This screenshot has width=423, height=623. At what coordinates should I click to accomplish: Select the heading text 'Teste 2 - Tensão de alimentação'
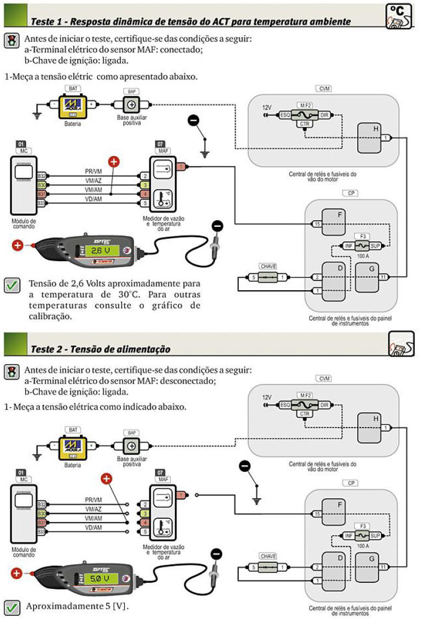(100, 349)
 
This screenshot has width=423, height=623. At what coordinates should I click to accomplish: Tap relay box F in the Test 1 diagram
(334, 222)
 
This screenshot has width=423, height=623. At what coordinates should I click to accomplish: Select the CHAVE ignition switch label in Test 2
(268, 556)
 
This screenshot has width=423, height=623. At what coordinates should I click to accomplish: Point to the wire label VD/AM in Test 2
(93, 528)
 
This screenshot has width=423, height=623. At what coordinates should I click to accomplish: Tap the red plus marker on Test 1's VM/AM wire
(114, 162)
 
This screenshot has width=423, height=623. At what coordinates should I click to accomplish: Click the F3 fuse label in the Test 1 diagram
(362, 236)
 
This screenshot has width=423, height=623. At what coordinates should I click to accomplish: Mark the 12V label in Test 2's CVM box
(267, 397)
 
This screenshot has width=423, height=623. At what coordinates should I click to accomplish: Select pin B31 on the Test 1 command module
(41, 194)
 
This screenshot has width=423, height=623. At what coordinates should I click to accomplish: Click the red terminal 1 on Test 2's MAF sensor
(180, 494)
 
